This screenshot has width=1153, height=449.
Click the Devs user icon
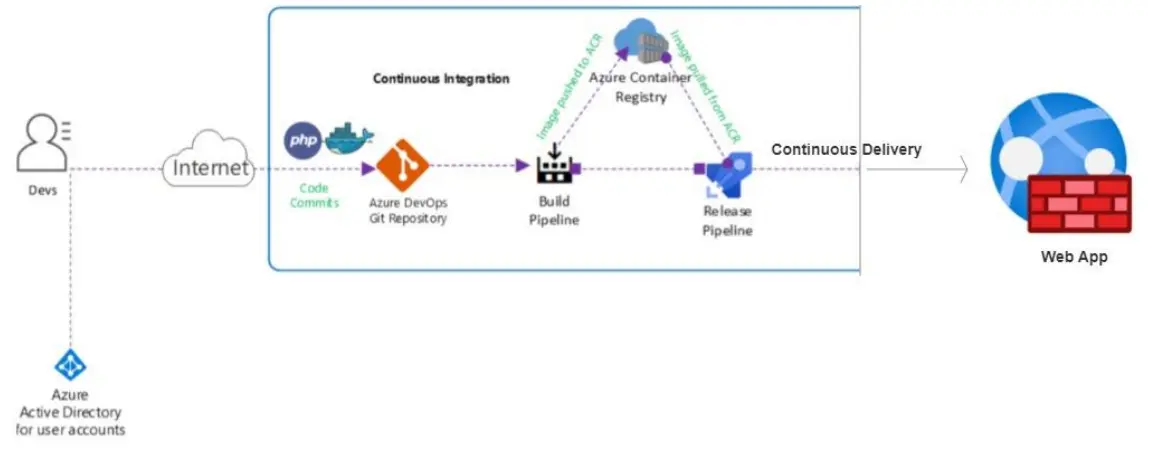(x=41, y=144)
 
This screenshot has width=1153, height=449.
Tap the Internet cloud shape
(x=208, y=167)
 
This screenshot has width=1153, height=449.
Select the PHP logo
(x=303, y=140)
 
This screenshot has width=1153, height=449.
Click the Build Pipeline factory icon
(x=554, y=166)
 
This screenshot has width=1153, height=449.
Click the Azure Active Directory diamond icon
(x=70, y=366)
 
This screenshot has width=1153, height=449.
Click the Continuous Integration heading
(x=441, y=78)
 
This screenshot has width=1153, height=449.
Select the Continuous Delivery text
(x=846, y=149)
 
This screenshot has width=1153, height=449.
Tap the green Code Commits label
(x=315, y=195)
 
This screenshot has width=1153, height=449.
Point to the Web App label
(x=1074, y=257)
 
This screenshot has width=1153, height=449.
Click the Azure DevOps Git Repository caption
(x=408, y=211)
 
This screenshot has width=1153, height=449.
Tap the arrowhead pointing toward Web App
(x=963, y=169)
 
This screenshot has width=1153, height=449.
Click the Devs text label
(x=42, y=190)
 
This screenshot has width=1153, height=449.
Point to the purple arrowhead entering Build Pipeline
(x=522, y=167)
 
